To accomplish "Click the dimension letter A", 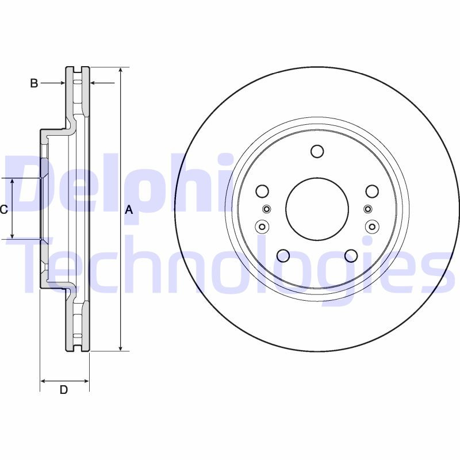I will coord(129,210).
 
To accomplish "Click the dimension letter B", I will coord(34,84).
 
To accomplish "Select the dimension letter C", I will coord(3,210).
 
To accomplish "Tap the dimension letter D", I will coord(64,390).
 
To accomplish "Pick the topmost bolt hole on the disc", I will coord(317,151).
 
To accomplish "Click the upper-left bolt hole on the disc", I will coord(262,191).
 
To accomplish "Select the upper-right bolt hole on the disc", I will coord(372,191).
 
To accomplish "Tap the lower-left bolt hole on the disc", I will coord(283,255).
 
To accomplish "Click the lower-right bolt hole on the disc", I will coord(351,255).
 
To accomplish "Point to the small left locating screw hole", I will coord(266,209).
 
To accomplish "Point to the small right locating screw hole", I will coord(369,209).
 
